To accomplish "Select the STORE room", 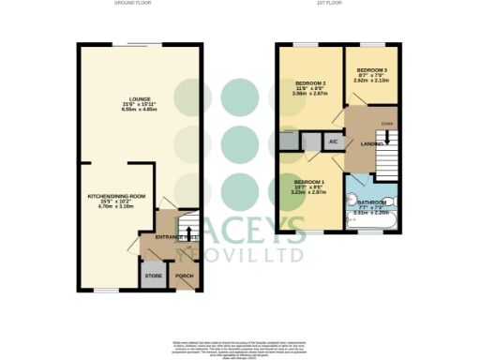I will click(152, 277).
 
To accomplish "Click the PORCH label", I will click(185, 276).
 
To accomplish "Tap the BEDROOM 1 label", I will click(308, 180).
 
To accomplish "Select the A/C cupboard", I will click(332, 142).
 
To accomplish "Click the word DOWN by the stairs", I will click(386, 122).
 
